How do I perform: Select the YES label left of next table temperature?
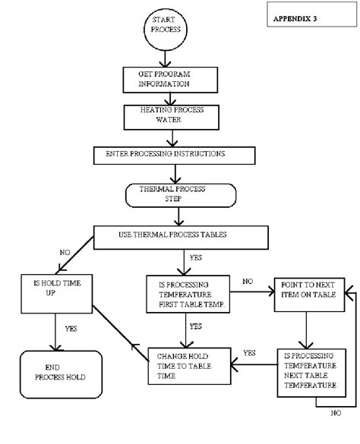(248, 353)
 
